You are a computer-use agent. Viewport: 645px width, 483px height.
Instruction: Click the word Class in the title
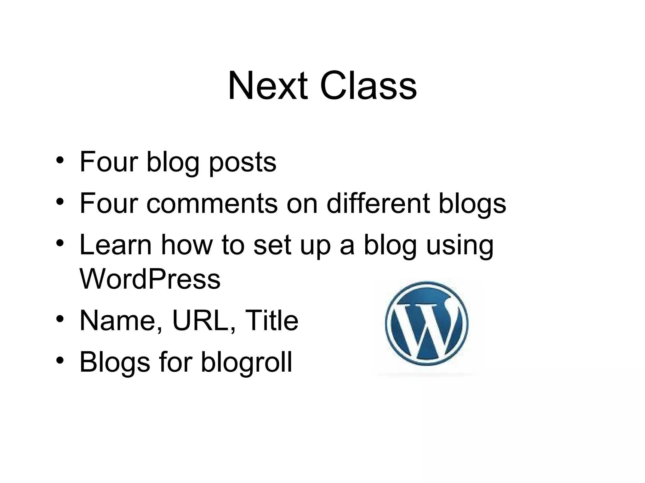pyautogui.click(x=368, y=86)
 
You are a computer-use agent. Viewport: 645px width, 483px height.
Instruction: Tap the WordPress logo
pyautogui.click(x=426, y=324)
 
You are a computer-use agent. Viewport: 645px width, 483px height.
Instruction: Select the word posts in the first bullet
pyautogui.click(x=243, y=163)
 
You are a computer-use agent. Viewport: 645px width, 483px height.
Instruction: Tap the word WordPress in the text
pyautogui.click(x=150, y=279)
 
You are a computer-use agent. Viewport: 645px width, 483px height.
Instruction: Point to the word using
pyautogui.click(x=459, y=246)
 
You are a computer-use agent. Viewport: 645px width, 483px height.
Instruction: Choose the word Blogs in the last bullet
pyautogui.click(x=115, y=362)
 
